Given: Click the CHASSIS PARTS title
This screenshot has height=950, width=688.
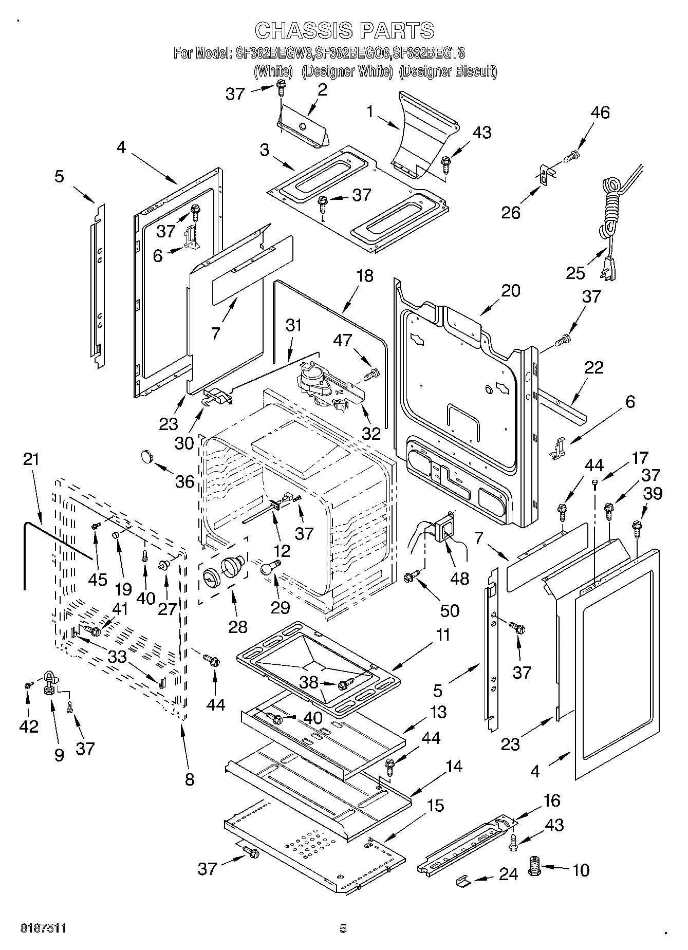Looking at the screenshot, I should coord(344,30).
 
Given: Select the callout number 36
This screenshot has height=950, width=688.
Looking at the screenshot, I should coord(184,481).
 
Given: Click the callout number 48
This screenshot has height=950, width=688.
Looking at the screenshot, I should coord(459,578).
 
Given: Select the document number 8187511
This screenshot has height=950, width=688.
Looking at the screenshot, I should coord(44,928).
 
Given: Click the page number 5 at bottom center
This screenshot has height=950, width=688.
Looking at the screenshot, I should coord(343,928).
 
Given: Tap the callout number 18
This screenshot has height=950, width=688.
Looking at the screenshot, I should coord(364,276).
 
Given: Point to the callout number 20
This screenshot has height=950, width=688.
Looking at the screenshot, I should coord(510,291).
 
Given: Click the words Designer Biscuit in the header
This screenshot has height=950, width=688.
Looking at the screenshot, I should coord(448,71).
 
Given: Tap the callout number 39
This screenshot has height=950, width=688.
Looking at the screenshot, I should coord(652,493).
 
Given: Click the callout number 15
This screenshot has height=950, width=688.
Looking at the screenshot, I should coord(435,805).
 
